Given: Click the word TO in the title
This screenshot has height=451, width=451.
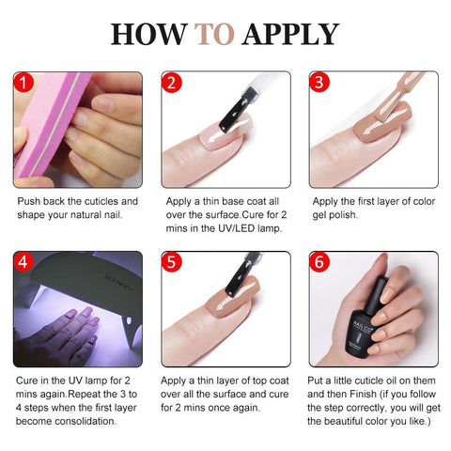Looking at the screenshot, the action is click(214, 34).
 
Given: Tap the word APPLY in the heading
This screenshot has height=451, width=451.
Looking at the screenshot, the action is click(290, 34).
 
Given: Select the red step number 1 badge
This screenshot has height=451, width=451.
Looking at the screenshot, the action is click(23, 83).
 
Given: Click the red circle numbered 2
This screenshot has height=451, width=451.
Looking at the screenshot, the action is click(171, 83).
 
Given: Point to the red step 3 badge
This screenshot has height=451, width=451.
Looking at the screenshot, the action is click(319, 82).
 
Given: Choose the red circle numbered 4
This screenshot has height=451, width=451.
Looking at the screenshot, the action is click(23, 262).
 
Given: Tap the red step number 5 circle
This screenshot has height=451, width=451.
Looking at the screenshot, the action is click(171, 262).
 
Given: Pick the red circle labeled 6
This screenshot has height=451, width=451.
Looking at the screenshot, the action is click(319, 262).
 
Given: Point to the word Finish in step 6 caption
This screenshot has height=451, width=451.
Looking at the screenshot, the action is click(363, 394).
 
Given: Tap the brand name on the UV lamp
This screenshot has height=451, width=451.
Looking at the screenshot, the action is click(119, 284).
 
